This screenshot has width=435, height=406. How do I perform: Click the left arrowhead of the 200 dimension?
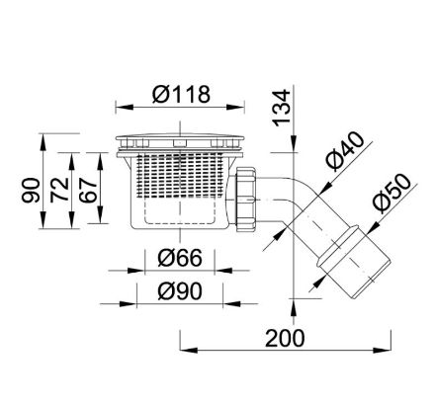pyautogui.click(x=184, y=349)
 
